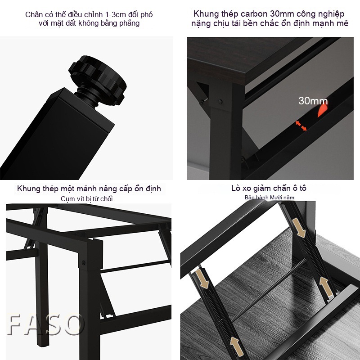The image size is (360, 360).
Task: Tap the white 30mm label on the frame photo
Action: pyautogui.click(x=313, y=101)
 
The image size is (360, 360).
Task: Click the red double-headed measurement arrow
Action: pyautogui.click(x=301, y=126)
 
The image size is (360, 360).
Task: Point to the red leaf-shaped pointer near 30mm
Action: pyautogui.click(x=323, y=111)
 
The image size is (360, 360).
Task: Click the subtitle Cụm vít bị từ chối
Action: pyautogui.click(x=86, y=199)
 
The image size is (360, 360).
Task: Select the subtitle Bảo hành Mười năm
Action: pyautogui.click(x=269, y=198)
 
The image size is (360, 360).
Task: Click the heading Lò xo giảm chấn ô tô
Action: pyautogui.click(x=269, y=188)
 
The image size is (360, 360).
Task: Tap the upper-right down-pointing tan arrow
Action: pyautogui.click(x=299, y=228)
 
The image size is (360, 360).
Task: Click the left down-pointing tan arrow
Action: pyautogui.click(x=202, y=279)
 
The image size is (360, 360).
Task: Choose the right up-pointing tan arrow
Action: pyautogui.click(x=325, y=286)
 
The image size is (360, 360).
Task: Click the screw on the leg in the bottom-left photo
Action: pyautogui.click(x=83, y=262)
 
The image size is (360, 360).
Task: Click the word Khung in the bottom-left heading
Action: pyautogui.click(x=27, y=189)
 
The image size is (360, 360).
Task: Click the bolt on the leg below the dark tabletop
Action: pyautogui.click(x=220, y=101)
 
